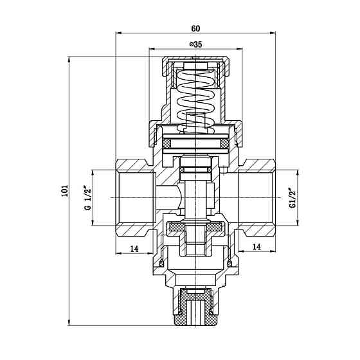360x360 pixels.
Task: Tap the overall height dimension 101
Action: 64,191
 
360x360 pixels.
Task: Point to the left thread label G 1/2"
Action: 85,198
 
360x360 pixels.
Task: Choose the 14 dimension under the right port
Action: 256,247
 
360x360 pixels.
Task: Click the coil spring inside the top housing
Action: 194,96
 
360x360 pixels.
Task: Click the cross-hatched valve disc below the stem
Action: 195,227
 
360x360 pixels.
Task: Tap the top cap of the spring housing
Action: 195,62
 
